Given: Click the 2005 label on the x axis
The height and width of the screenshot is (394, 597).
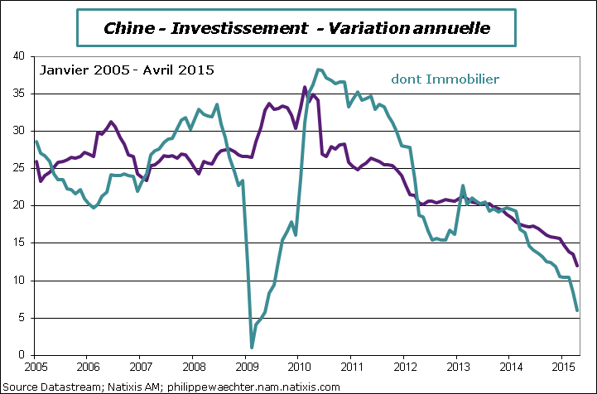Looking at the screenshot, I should (36, 365).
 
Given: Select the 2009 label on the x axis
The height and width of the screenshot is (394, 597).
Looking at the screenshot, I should (247, 365).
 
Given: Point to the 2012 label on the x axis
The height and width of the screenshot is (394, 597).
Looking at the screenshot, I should (406, 365).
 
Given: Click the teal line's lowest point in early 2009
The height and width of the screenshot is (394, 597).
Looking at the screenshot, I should (252, 348).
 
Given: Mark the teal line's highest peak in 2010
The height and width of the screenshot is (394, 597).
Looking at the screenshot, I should (319, 70).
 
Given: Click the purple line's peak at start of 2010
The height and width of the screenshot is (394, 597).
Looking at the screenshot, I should (305, 87).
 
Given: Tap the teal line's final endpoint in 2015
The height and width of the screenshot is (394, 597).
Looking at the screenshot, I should (577, 310).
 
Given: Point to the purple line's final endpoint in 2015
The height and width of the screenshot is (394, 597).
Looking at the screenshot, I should (577, 266).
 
